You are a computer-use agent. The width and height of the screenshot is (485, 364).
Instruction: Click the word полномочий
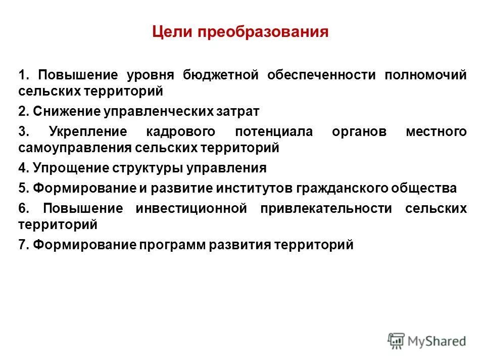pos(426,76)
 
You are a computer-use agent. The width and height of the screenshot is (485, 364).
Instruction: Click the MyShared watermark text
pos(437,341)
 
